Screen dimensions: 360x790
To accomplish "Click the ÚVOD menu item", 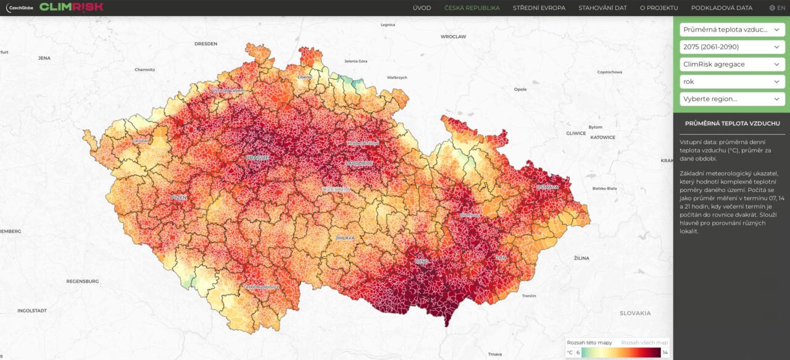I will point(422,8).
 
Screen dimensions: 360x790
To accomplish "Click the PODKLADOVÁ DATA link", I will point(721,8).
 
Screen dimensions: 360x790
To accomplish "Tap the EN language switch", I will point(777,8).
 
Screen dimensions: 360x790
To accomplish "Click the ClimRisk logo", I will point(71,7).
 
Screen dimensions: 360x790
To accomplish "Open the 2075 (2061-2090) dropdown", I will point(732,47).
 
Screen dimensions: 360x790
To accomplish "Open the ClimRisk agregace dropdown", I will point(732,64).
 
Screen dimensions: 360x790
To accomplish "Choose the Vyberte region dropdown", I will point(732,99).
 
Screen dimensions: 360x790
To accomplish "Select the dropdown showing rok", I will point(732,82).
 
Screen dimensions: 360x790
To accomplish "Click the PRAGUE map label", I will point(257,157).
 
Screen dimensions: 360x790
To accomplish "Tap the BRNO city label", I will point(421,262).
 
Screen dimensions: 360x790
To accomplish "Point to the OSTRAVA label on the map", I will point(547,186).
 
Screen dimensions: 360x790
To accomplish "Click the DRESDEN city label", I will point(206,44).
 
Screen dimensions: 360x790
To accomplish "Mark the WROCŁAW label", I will point(453,37).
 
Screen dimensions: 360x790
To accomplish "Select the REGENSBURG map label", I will point(83,281).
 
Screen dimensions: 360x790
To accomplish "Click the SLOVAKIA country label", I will point(635,313).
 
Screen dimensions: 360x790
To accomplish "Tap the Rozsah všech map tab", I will point(644,343).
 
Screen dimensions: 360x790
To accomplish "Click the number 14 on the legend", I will point(665,353).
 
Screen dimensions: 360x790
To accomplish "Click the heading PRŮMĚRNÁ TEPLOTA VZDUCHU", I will point(731,123).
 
